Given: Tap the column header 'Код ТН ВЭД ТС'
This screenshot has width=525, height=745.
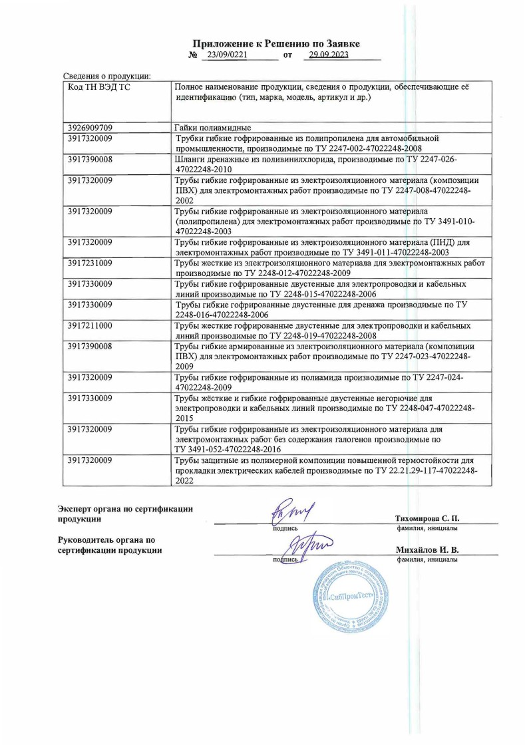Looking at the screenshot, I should [x=95, y=88].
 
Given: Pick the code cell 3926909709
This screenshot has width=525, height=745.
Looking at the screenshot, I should [x=90, y=127].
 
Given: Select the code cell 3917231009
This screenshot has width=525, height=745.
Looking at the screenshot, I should [x=90, y=263].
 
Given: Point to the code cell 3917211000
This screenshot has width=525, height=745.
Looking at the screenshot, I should [x=90, y=326].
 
